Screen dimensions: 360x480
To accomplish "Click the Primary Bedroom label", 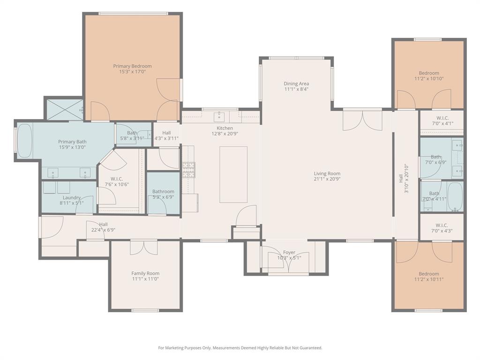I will pos(132,66).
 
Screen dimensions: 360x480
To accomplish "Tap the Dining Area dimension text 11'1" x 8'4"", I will pos(296,90).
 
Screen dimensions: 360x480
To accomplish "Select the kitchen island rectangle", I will pos(233,174).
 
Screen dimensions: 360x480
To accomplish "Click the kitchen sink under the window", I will pos(220,116).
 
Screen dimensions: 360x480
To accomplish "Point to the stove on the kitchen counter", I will pos(188,170).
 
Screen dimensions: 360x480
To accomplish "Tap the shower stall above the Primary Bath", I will pos(64,110).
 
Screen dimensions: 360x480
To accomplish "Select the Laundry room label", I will pos(72,198).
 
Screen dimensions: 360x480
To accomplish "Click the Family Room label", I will pos(145,273).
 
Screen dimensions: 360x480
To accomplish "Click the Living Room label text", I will pos(327,173).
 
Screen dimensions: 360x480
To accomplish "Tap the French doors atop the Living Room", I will pos(362,120).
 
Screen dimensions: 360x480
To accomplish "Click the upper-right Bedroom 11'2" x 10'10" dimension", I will pos(429,79).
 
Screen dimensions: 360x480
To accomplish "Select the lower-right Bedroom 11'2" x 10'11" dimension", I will pos(429,280).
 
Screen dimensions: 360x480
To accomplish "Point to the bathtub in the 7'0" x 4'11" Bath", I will pos(455,196).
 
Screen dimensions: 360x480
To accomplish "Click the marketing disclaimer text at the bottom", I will pos(240,348).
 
